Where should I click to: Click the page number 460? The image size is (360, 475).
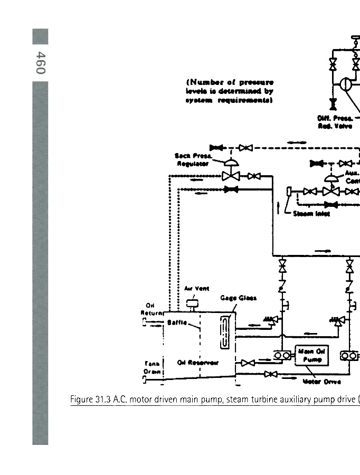(40, 62)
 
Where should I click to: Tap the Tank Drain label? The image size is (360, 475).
(152, 366)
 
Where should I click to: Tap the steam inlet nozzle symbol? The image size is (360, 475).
(289, 191)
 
